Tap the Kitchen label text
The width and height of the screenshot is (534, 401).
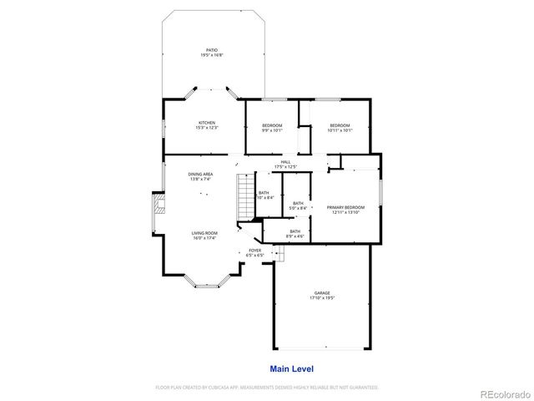pyautogui.click(x=206, y=123)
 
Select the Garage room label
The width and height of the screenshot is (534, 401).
pyautogui.click(x=321, y=292)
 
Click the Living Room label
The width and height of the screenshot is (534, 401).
pyautogui.click(x=204, y=233)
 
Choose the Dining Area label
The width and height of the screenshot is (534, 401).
pyautogui.click(x=200, y=174)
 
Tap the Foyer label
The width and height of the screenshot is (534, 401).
pyautogui.click(x=255, y=250)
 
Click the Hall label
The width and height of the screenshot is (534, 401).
pyautogui.click(x=285, y=161)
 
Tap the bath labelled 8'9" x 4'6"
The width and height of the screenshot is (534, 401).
pyautogui.click(x=295, y=233)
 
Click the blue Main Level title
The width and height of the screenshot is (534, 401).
pyautogui.click(x=291, y=368)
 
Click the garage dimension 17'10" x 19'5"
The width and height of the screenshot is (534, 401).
pyautogui.click(x=321, y=297)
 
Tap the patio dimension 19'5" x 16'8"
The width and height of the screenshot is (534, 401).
pyautogui.click(x=211, y=55)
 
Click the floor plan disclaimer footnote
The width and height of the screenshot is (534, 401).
pyautogui.click(x=267, y=388)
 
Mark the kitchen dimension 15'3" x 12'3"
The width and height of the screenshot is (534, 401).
pyautogui.click(x=206, y=128)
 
